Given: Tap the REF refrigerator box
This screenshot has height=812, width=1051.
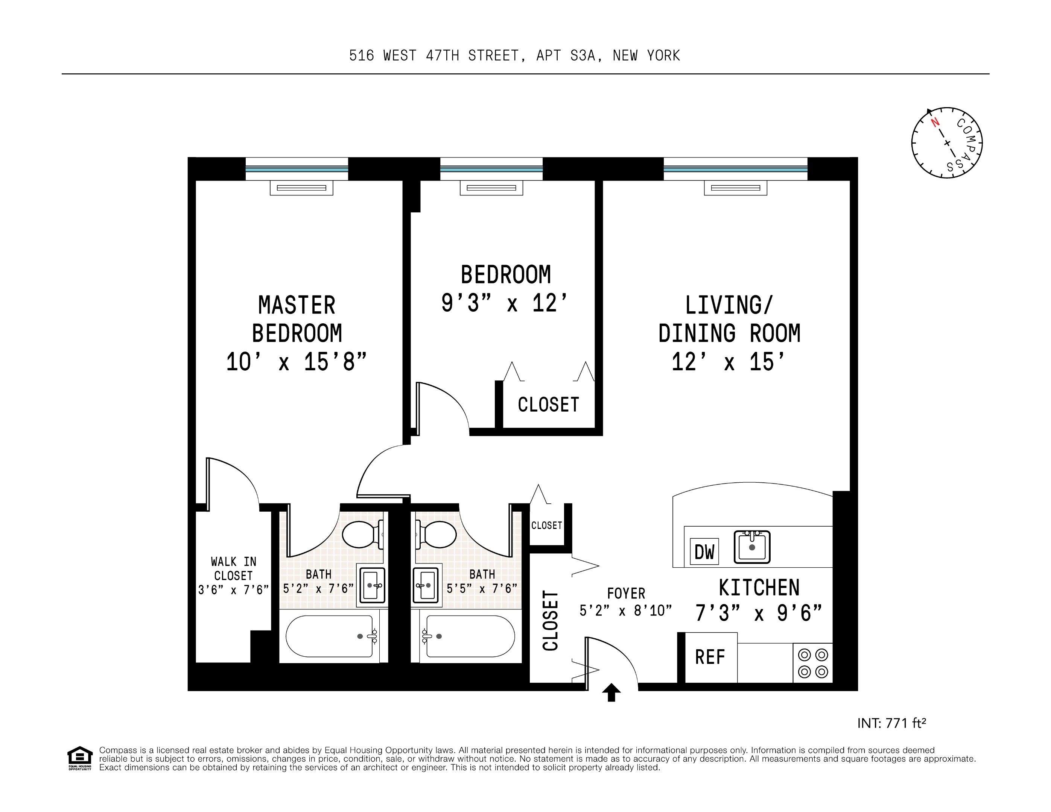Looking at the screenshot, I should pos(710,657).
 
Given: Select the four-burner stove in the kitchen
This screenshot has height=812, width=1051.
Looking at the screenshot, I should pos(813,663).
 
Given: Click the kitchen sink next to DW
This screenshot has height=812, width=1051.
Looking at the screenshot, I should pos(752,547).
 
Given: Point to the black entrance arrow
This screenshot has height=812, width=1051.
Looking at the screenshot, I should pos(611,692).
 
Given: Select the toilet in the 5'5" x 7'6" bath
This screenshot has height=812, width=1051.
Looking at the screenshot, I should pos(437,534).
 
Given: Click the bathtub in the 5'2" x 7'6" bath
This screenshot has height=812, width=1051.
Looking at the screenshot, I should pos(332,636).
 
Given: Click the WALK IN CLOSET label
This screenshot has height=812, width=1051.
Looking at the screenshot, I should pos(233,569).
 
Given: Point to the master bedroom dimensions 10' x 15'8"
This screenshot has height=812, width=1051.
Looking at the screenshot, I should pos(297,362).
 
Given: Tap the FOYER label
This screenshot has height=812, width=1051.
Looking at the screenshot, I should pos(625,593).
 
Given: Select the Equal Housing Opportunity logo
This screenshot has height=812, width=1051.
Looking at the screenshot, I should pos(79,758).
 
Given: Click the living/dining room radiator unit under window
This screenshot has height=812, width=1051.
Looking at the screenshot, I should pos(735,188).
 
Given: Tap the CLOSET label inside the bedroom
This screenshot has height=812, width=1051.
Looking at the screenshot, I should pos(548,405).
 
